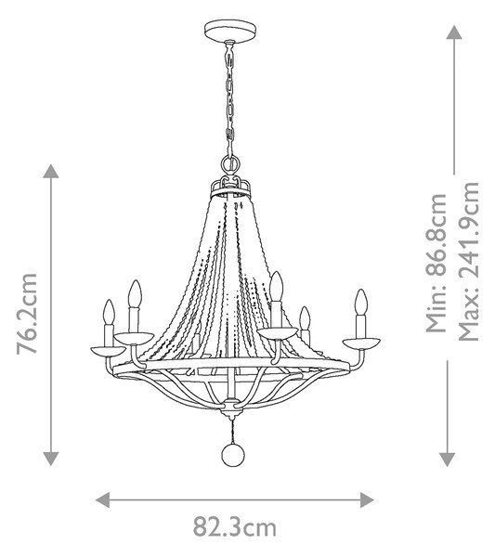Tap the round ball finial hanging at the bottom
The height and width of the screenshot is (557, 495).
[233, 455]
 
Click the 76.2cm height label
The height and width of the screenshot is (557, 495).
[27, 314]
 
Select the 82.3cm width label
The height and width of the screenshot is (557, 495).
[235, 527]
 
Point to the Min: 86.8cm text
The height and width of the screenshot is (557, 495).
[436, 263]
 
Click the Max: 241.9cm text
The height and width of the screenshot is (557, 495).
[468, 262]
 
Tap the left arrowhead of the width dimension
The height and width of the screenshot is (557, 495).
[103, 499]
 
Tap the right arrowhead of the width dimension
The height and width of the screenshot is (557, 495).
[367, 499]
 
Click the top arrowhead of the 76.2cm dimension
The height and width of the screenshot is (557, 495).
[51, 171]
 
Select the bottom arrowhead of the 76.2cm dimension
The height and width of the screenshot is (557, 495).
[51, 459]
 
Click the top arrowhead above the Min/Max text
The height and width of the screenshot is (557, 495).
[454, 32]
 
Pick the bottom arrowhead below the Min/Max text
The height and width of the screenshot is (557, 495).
[447, 460]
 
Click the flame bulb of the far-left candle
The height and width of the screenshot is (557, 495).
[109, 312]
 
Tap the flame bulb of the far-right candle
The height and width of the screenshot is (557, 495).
[360, 303]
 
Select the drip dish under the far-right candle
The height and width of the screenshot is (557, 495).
[361, 343]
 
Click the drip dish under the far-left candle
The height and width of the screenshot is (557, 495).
[108, 351]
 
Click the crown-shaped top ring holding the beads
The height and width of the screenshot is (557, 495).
[230, 188]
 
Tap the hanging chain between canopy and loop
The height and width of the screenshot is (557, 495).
[230, 98]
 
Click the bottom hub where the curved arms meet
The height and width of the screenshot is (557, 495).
[233, 408]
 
